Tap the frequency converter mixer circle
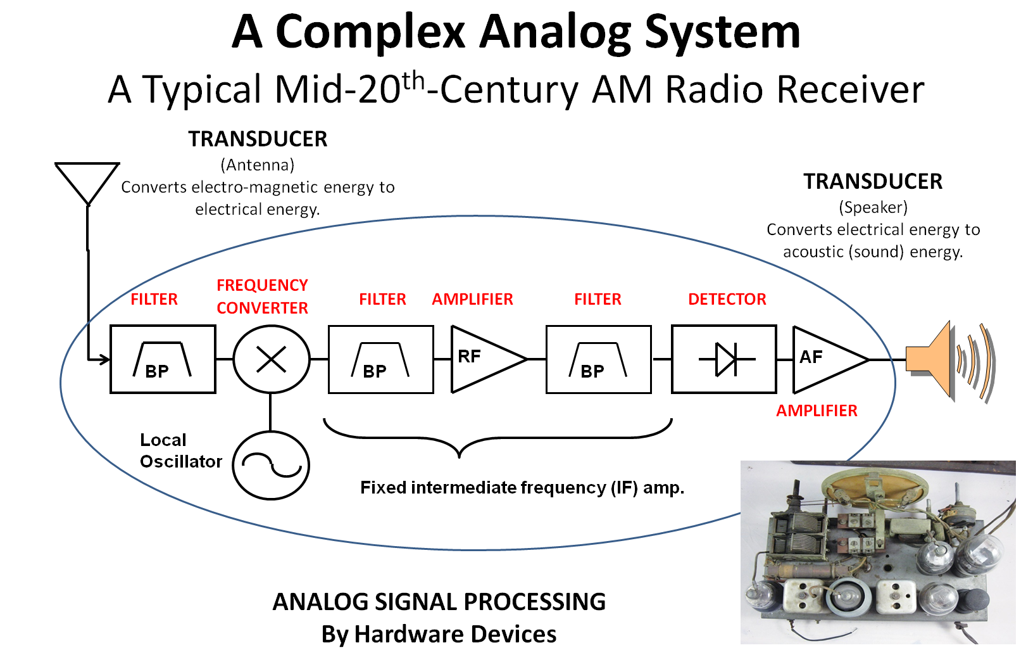click(272, 359)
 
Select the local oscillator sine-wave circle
click(271, 465)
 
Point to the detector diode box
click(724, 359)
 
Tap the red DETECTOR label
click(727, 299)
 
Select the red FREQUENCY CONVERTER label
click(262, 296)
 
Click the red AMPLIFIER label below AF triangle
click(817, 411)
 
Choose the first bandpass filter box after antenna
click(163, 359)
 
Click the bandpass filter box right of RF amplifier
click(598, 359)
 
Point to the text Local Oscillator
click(180, 450)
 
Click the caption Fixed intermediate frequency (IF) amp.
click(522, 487)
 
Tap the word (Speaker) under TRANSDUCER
click(873, 207)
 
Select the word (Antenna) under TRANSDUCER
click(258, 165)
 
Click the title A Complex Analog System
click(516, 32)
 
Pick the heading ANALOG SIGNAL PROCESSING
click(439, 601)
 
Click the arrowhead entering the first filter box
click(104, 360)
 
